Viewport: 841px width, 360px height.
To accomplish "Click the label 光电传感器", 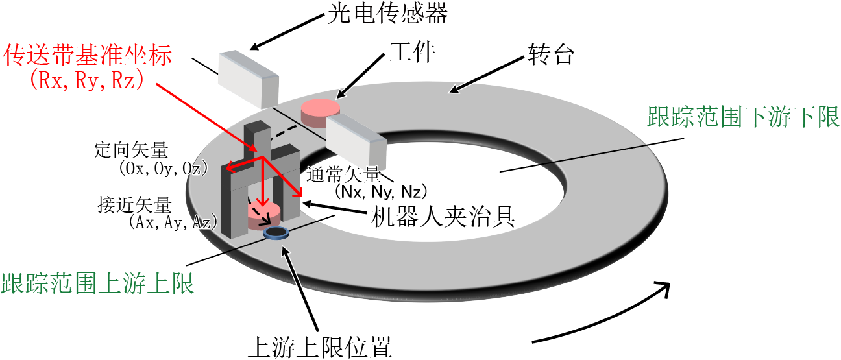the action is (387, 13).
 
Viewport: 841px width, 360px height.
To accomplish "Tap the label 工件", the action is (412, 52).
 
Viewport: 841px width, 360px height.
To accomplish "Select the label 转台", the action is (550, 54).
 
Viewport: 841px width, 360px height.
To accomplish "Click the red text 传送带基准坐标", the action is (87, 54).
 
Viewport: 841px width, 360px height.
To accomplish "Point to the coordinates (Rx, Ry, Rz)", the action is (86, 80).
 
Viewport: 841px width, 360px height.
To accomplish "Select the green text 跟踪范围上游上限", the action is (97, 283).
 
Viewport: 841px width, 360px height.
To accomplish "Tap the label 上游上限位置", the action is (320, 347).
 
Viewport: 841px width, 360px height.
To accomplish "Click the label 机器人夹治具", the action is (443, 217).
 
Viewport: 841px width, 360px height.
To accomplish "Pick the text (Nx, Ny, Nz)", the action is (381, 192).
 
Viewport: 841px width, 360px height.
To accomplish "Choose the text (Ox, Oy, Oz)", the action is (164, 169).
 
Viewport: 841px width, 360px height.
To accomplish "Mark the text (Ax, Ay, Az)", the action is (173, 222).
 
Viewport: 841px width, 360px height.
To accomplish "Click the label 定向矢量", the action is (131, 150).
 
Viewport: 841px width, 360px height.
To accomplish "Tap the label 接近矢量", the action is (134, 204).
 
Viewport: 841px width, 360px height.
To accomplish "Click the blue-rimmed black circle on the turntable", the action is (276, 233).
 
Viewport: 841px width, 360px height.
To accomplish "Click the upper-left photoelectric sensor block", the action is (249, 79).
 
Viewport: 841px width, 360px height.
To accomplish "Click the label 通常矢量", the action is (343, 174).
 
